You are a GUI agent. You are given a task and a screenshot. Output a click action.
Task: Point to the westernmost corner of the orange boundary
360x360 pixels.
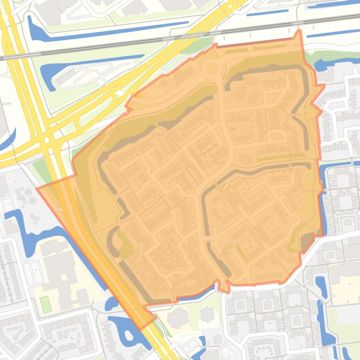pyautogui.click(x=37, y=189)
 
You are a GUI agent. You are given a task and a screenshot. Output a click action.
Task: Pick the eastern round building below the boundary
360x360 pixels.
pyautogui.click(x=206, y=314)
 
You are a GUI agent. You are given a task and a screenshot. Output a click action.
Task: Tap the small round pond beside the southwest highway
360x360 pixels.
pyautogui.click(x=111, y=303)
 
